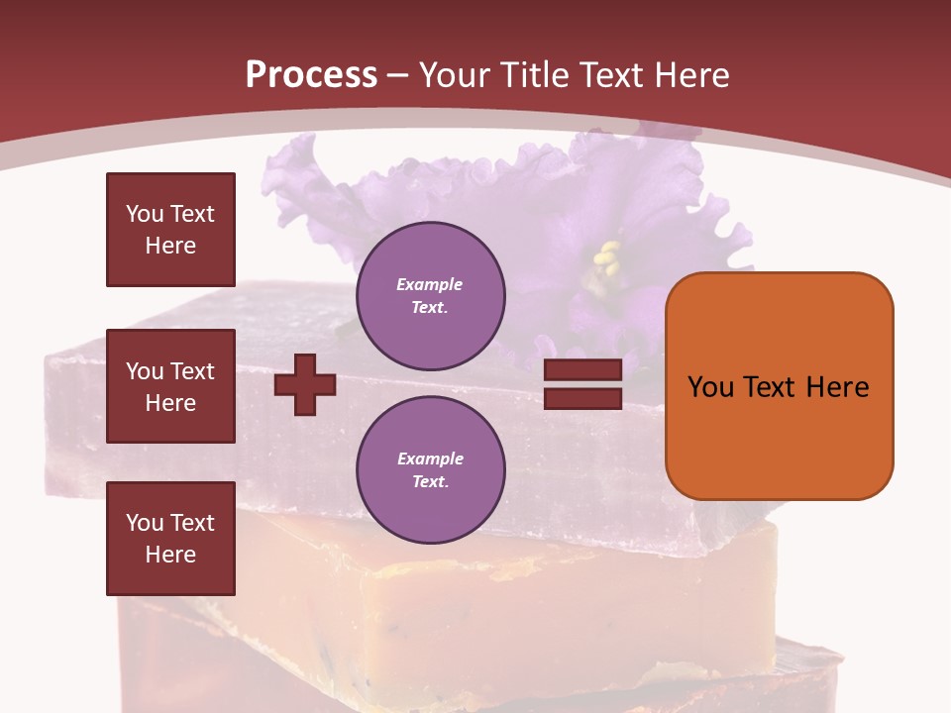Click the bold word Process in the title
(x=311, y=75)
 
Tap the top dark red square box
(x=170, y=230)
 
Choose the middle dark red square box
(x=170, y=386)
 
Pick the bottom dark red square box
(x=170, y=539)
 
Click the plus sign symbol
(x=305, y=384)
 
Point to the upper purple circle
(x=431, y=295)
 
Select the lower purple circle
(x=431, y=469)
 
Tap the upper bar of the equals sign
(x=582, y=369)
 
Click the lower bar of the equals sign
(x=582, y=398)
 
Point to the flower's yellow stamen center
(x=605, y=258)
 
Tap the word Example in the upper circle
(x=430, y=284)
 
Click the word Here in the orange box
(x=837, y=386)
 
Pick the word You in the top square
(x=144, y=214)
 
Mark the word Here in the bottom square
(x=170, y=555)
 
